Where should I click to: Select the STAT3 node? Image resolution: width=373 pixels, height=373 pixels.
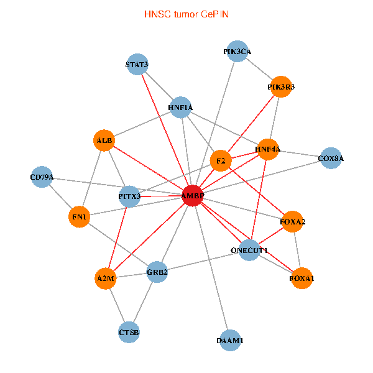click(137, 65)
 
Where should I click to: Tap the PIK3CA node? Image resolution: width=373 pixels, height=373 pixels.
click(237, 52)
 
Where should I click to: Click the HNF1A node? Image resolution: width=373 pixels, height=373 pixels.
click(180, 108)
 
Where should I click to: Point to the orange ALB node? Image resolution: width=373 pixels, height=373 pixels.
click(104, 141)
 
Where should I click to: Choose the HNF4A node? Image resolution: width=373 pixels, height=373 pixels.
click(268, 149)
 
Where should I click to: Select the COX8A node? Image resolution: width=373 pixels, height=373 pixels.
click(331, 159)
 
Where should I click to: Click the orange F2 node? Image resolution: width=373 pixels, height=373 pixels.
click(221, 161)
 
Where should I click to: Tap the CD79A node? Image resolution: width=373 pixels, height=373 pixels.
click(42, 177)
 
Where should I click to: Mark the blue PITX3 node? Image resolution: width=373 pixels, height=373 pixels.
click(130, 196)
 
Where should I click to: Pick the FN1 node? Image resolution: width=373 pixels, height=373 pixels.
click(80, 217)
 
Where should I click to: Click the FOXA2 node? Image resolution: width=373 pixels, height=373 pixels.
click(293, 221)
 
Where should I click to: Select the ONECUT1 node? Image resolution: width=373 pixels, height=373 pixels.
click(249, 250)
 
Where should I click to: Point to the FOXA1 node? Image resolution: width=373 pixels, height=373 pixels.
click(302, 279)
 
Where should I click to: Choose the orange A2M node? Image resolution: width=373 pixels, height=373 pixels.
click(106, 279)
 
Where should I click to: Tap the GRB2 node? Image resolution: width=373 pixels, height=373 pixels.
click(157, 272)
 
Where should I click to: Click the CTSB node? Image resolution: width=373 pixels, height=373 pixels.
click(129, 333)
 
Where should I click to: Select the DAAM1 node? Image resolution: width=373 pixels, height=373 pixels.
click(230, 340)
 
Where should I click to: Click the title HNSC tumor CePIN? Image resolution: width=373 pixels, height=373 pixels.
click(186, 14)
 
